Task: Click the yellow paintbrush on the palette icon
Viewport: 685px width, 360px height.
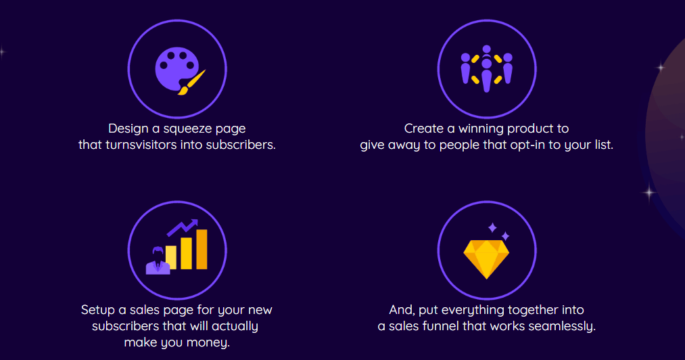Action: (x=191, y=83)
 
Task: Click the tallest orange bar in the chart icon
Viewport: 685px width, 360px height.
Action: (x=202, y=249)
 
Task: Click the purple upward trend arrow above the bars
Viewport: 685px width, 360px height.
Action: (x=183, y=227)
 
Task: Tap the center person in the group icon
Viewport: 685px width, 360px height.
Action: (x=487, y=75)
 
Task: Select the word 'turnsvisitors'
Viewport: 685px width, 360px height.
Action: (x=141, y=145)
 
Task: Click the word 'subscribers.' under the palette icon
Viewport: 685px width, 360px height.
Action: (x=241, y=145)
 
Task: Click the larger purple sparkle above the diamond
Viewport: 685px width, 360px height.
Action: (x=492, y=227)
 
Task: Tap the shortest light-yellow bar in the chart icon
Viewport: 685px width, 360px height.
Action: (x=171, y=257)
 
